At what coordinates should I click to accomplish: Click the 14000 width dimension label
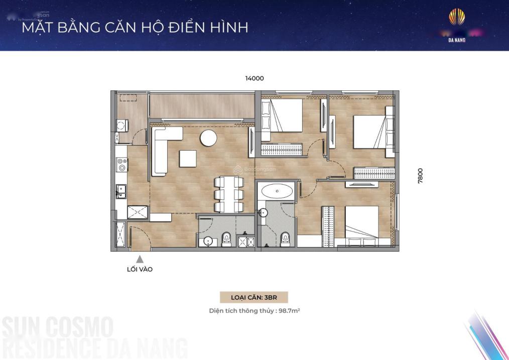pyautogui.click(x=254, y=78)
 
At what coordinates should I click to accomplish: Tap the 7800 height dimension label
pyautogui.click(x=420, y=175)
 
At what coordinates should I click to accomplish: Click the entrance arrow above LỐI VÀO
pyautogui.click(x=140, y=259)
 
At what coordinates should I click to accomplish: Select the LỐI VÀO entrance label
pyautogui.click(x=140, y=269)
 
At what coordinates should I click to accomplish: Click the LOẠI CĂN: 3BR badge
pyautogui.click(x=254, y=297)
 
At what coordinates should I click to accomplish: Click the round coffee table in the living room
pyautogui.click(x=208, y=138)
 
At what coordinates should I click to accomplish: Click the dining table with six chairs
pyautogui.click(x=229, y=194)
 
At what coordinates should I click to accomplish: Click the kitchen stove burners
pyautogui.click(x=121, y=165)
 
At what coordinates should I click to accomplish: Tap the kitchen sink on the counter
pyautogui.click(x=120, y=190)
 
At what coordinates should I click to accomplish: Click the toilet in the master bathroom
pyautogui.click(x=286, y=237)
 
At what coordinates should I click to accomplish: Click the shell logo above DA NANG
pyautogui.click(x=456, y=18)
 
